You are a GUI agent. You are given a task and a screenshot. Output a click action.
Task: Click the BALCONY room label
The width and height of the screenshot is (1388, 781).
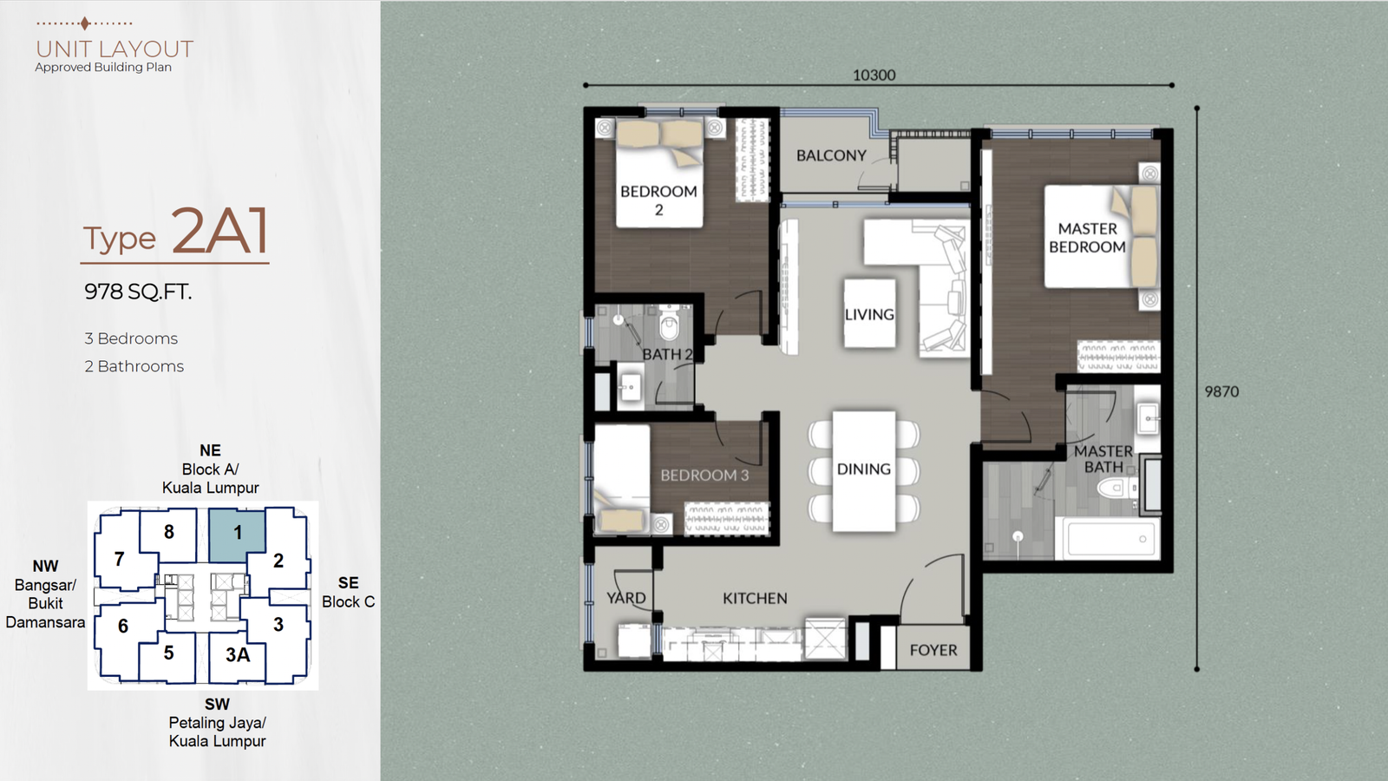pyautogui.click(x=831, y=155)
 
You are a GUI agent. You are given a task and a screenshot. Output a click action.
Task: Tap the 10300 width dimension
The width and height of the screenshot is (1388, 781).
pyautogui.click(x=874, y=75)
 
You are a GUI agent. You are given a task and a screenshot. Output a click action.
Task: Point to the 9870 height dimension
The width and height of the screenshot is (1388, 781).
pyautogui.click(x=1221, y=391)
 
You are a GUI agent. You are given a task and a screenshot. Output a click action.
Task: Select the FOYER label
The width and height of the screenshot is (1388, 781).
pyautogui.click(x=933, y=650)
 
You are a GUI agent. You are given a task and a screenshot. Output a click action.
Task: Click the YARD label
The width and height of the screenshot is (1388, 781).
pyautogui.click(x=625, y=598)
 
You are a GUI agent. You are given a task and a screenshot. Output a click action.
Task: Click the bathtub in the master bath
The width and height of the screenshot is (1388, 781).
pyautogui.click(x=1107, y=537)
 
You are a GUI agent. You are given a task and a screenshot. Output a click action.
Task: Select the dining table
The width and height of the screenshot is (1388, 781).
pyautogui.click(x=864, y=471)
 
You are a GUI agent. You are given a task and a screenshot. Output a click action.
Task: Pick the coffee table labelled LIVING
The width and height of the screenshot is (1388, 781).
pyautogui.click(x=869, y=313)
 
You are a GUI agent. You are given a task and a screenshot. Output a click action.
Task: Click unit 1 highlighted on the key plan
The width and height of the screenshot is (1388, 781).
pyautogui.click(x=238, y=535)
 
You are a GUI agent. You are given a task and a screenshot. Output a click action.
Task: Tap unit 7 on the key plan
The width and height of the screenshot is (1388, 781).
pyautogui.click(x=119, y=559)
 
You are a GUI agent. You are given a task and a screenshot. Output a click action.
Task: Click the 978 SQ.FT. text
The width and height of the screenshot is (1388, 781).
pyautogui.click(x=138, y=292)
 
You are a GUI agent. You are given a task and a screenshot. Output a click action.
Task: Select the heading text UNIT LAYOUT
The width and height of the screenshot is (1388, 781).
pyautogui.click(x=115, y=49)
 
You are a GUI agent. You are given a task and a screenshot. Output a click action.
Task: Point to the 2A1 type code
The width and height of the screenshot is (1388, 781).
pyautogui.click(x=219, y=230)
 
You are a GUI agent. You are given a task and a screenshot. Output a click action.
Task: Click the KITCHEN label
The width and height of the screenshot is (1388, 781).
pyautogui.click(x=755, y=598)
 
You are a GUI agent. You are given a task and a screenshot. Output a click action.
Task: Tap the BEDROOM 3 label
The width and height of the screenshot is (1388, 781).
pyautogui.click(x=704, y=476)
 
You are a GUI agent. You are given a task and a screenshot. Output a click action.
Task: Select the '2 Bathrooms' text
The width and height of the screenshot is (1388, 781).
pyautogui.click(x=134, y=366)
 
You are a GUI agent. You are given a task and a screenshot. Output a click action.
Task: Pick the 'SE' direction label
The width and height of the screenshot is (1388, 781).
pyautogui.click(x=348, y=582)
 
